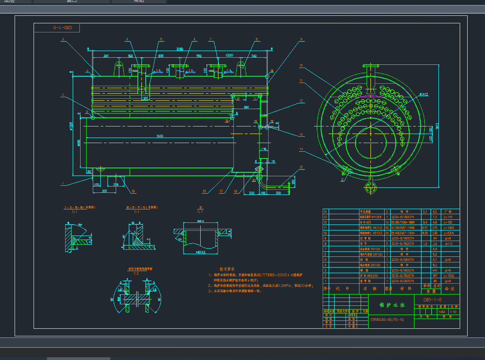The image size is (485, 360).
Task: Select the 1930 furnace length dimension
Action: [x=160, y=136]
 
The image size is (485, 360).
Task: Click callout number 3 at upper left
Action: [x=63, y=39]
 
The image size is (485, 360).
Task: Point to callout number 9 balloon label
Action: [x=301, y=39]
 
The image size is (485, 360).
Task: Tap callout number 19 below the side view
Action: [x=133, y=191]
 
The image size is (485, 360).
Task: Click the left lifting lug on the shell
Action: [x=119, y=68]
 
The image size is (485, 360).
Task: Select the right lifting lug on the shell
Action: [x=242, y=68]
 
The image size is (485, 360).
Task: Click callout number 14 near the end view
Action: [x=301, y=149]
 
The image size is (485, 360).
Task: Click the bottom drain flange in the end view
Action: [x=370, y=188]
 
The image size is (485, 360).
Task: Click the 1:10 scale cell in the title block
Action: [x=453, y=312]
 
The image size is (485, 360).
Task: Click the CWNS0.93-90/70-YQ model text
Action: [x=387, y=319]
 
